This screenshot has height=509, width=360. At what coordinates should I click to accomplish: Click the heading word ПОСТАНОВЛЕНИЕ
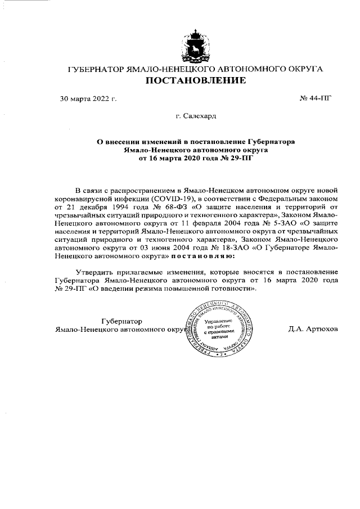(196, 81)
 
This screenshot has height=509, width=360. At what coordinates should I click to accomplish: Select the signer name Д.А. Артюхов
(313, 330)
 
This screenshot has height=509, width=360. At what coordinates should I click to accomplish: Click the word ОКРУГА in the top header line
(305, 69)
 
